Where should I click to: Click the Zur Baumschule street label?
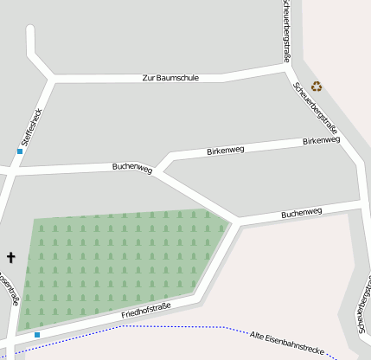(170, 78)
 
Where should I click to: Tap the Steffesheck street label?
(31, 126)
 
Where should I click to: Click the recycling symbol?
(317, 86)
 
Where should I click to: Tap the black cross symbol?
(11, 257)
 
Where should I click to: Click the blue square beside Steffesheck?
(20, 151)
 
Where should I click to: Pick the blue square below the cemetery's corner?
(37, 334)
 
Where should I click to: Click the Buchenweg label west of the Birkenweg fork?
(131, 168)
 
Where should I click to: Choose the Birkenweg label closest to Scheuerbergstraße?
(321, 140)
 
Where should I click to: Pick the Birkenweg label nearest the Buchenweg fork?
(226, 151)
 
